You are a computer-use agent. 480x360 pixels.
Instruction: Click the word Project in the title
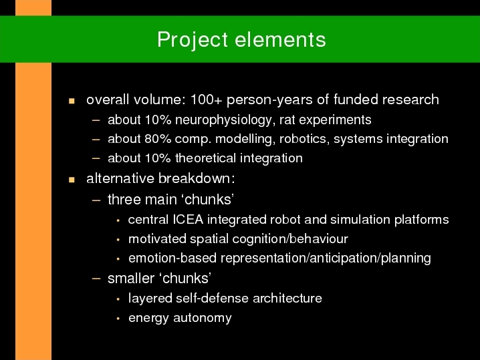click(193, 41)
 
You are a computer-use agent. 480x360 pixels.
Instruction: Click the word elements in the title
click(280, 40)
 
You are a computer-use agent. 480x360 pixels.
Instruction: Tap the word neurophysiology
click(223, 120)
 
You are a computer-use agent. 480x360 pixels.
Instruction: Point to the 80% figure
click(158, 139)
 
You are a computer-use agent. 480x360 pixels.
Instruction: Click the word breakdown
click(195, 178)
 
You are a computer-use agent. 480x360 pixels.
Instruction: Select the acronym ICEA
click(188, 220)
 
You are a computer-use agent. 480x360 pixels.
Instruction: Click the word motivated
click(157, 239)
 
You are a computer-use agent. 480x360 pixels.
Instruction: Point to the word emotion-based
click(172, 258)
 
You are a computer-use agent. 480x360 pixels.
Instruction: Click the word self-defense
click(213, 298)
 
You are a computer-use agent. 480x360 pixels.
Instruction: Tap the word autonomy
click(203, 318)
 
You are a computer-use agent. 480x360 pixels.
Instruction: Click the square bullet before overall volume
click(72, 101)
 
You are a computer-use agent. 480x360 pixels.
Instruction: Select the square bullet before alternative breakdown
click(72, 180)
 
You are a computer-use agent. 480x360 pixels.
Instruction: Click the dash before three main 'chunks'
click(96, 200)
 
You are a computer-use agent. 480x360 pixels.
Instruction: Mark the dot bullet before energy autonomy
click(118, 319)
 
